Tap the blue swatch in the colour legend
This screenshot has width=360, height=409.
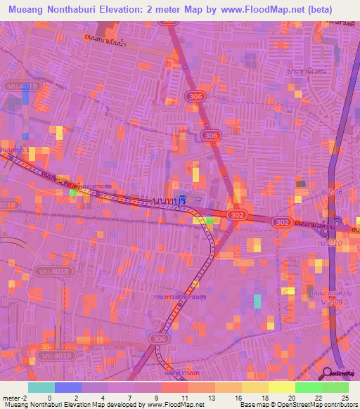(68, 387)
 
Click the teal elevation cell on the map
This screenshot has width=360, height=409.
(257, 301)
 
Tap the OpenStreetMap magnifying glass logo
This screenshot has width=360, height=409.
(328, 373)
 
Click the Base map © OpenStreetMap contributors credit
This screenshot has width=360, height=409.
(297, 404)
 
